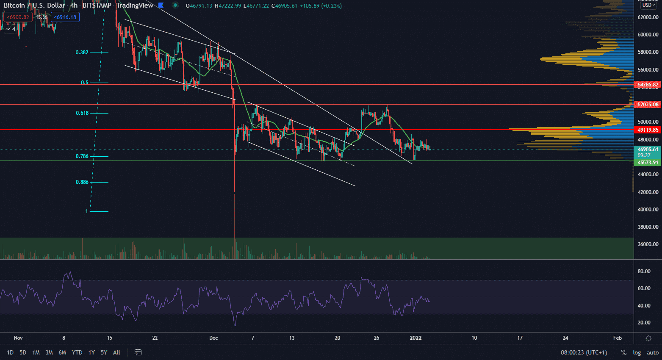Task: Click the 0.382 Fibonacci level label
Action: tap(82, 53)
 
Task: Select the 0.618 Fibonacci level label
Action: tap(82, 113)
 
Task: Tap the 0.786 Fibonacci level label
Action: tap(82, 156)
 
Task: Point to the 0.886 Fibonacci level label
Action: tap(82, 182)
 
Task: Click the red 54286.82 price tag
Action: tap(648, 85)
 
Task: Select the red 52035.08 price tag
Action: tap(648, 104)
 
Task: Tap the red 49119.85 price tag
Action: tap(648, 130)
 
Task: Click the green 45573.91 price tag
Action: tap(648, 163)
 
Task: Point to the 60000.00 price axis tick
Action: tap(648, 35)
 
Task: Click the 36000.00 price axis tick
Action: tap(648, 244)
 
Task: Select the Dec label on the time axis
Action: tap(213, 338)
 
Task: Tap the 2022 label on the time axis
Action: tap(415, 338)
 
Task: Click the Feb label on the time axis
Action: tap(618, 338)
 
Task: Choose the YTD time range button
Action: tap(77, 352)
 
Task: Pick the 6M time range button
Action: tap(62, 352)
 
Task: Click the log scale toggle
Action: tap(637, 352)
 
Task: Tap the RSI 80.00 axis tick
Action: tap(644, 271)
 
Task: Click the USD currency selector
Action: tap(648, 5)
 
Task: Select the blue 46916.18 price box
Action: tap(65, 17)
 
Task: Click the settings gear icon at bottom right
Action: tap(648, 338)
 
